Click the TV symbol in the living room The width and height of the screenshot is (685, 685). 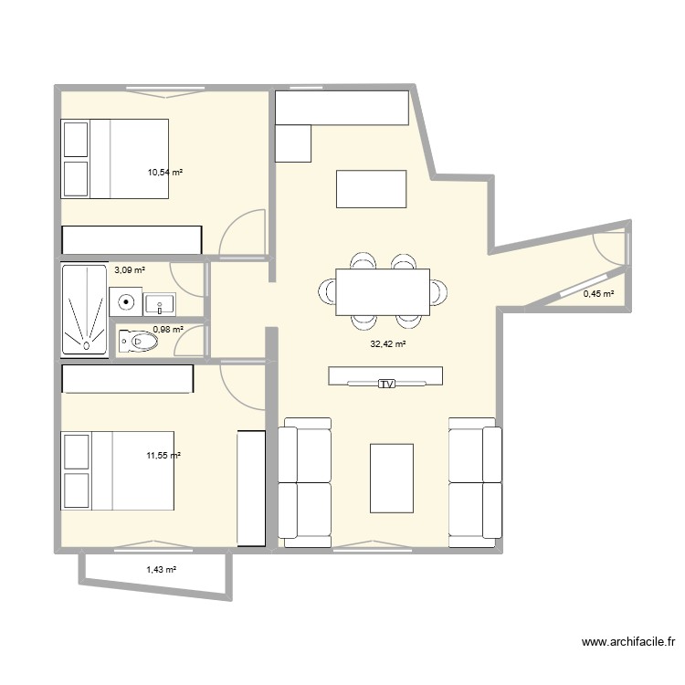point(386,385)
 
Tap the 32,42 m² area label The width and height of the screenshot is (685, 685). point(387,344)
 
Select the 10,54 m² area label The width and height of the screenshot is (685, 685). point(165,171)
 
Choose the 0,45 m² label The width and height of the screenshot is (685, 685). point(598,294)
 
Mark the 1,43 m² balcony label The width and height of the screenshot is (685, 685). point(161,569)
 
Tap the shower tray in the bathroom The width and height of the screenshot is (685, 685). point(84,310)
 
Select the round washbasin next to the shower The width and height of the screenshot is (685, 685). point(125,300)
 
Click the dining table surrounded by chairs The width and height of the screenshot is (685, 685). point(383,291)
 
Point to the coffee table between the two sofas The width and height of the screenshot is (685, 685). point(391,478)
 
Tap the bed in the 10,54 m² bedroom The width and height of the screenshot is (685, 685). point(115,158)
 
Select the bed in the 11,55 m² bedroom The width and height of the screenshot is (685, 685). point(117,470)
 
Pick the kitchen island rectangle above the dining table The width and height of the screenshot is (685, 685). point(370,188)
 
